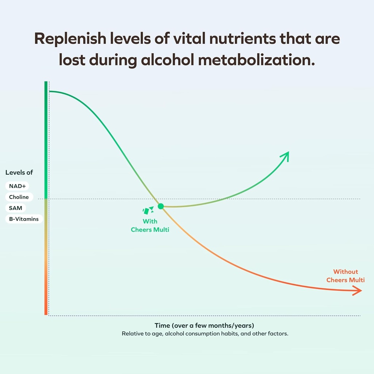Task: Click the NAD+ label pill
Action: (x=17, y=186)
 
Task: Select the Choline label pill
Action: (x=19, y=197)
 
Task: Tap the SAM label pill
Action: (x=15, y=208)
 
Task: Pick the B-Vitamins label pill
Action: (x=24, y=219)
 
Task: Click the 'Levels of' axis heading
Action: (x=19, y=172)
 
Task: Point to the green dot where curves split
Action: (x=161, y=206)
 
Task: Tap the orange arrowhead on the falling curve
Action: (x=357, y=291)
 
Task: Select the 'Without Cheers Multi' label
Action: (x=346, y=276)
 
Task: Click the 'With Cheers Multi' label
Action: (x=150, y=226)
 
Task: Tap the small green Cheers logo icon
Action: (x=148, y=210)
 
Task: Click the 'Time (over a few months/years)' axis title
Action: (x=205, y=325)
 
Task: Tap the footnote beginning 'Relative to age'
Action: (x=205, y=334)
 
